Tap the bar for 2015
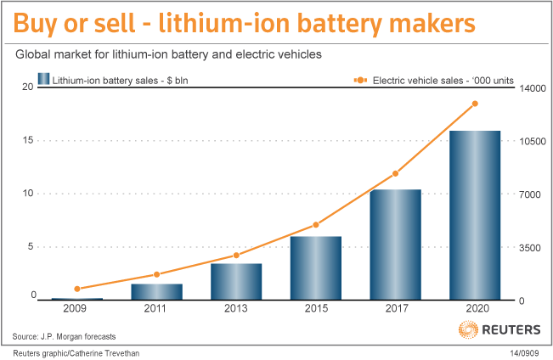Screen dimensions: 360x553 316,267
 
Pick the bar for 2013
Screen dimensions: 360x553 236,281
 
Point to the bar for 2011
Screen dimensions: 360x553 157,291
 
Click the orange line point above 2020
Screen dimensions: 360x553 475,104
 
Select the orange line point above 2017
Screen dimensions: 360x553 395,174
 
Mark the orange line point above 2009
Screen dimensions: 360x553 77,289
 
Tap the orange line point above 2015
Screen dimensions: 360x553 316,225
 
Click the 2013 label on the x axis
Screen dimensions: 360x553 236,310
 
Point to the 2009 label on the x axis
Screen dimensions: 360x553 77,310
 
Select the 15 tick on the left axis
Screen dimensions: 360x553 29,140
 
